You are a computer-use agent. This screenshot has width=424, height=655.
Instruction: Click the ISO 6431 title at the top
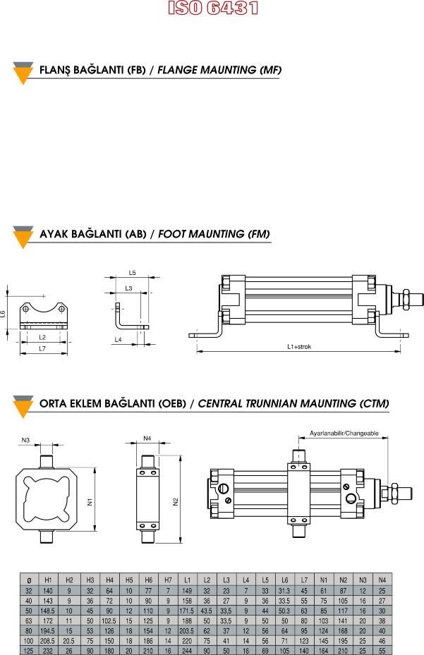tap(213, 8)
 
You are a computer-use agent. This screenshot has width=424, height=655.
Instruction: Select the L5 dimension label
tap(132, 273)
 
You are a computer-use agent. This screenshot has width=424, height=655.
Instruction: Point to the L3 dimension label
tap(128, 288)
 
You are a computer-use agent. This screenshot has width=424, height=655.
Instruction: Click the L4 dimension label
tap(119, 340)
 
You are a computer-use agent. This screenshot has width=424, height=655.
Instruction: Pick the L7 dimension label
tap(42, 348)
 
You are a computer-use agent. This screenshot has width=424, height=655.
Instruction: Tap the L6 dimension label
tap(3, 313)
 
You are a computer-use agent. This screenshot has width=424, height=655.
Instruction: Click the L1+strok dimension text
tap(299, 346)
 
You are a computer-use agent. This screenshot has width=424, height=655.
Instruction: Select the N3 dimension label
tap(26, 440)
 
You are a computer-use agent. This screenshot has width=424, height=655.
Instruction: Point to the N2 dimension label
tap(176, 501)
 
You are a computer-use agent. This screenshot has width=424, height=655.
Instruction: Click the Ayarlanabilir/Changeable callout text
tap(344, 433)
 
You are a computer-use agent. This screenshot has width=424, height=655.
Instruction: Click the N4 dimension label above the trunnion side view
tap(147, 439)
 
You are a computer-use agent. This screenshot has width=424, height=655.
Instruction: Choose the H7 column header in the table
tap(168, 580)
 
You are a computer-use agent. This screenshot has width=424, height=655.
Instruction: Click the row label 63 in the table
tap(29, 620)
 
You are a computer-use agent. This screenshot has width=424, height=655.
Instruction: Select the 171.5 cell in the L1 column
tap(187, 611)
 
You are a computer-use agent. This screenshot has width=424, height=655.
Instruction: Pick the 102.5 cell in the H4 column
tap(109, 620)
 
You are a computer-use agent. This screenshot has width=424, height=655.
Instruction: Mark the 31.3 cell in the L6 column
tap(284, 591)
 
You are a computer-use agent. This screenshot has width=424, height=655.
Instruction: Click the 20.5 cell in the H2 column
tap(69, 641)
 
